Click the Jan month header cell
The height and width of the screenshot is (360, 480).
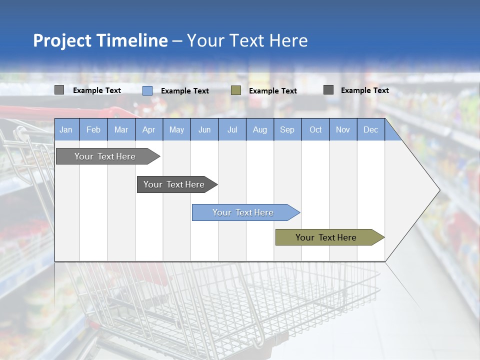[66, 129]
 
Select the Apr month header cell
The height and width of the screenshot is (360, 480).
[149, 129]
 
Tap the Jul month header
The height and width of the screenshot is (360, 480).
[232, 129]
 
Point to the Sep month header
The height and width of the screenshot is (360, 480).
[287, 129]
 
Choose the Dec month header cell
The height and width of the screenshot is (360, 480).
[370, 129]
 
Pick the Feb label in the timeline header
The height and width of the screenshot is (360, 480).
[93, 129]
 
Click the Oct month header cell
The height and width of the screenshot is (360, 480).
[315, 129]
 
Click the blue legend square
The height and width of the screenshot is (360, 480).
[147, 90]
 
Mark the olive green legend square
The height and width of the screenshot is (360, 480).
[236, 90]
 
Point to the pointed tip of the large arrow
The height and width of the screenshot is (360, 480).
[438, 190]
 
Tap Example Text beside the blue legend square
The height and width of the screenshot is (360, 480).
[185, 91]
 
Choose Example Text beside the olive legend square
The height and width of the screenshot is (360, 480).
[273, 91]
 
